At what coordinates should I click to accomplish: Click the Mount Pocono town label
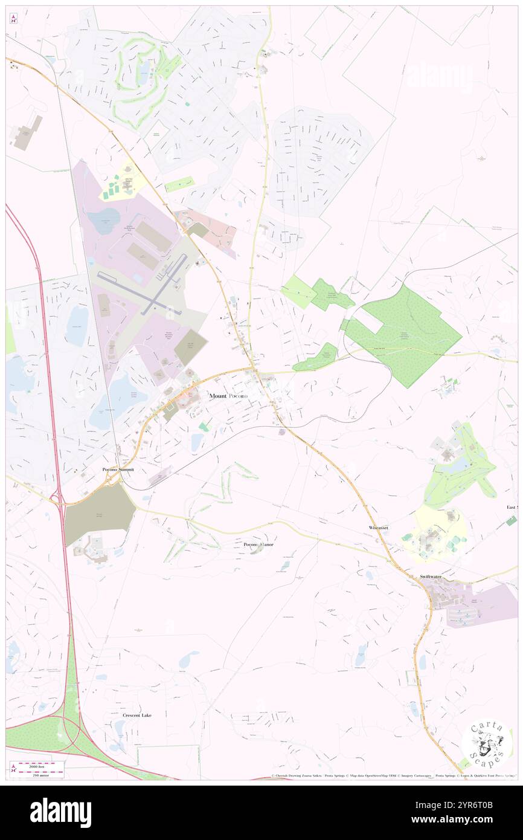(x=228, y=396)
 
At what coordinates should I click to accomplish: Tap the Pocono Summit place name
(x=117, y=470)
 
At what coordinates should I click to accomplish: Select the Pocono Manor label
(x=258, y=544)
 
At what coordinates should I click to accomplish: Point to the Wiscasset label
(x=379, y=528)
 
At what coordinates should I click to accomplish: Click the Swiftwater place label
(x=431, y=577)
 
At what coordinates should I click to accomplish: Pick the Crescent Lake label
(x=137, y=716)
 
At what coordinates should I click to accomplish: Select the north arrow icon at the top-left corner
(x=13, y=19)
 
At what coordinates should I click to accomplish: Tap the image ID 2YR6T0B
(x=476, y=805)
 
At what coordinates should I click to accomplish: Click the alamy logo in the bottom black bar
(x=60, y=813)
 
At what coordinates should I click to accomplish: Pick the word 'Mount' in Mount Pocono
(x=218, y=396)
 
